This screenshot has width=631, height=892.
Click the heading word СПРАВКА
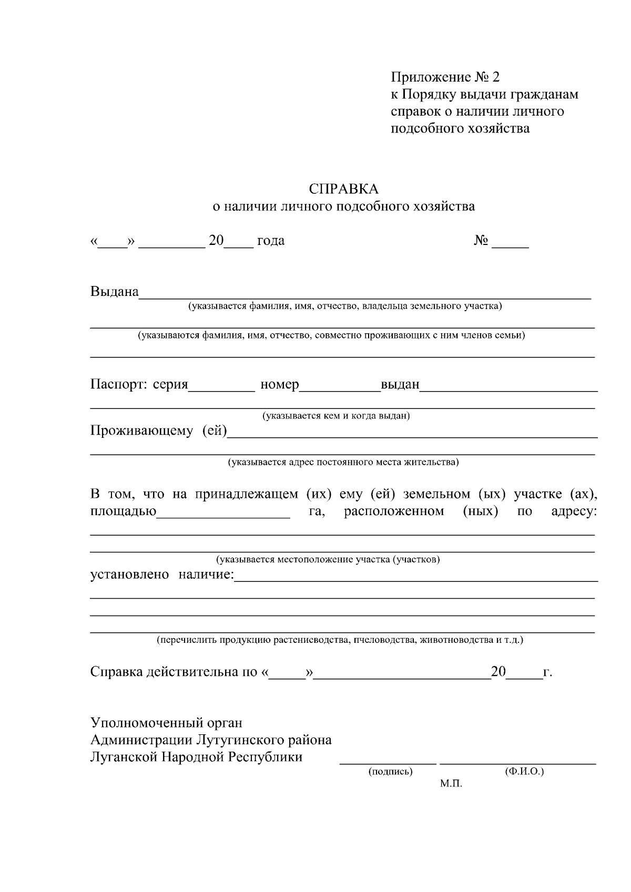343,189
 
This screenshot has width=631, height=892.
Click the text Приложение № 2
445,78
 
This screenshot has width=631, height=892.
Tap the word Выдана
114,292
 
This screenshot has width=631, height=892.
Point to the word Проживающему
141,432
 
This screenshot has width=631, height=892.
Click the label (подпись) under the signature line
390,772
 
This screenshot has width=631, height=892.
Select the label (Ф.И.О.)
524,772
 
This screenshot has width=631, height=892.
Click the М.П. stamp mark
451,784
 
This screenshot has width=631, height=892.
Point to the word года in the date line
271,241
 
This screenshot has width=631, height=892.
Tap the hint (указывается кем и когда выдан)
336,416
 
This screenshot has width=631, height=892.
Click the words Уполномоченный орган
166,723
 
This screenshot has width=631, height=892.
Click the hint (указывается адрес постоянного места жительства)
343,463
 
